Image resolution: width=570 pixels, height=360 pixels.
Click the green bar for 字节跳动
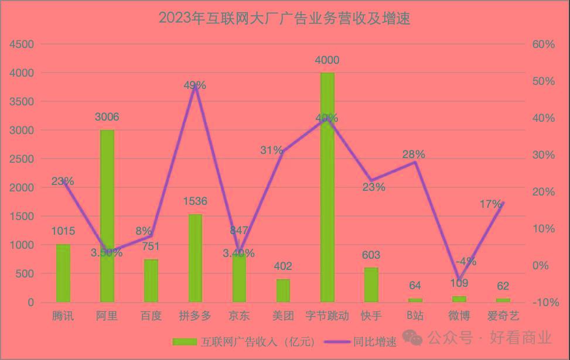(327, 187)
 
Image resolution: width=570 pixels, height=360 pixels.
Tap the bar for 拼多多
(195, 258)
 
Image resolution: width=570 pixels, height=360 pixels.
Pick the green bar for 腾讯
(63, 273)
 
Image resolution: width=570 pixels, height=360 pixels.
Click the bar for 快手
(371, 284)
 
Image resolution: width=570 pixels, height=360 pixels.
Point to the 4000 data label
(327, 60)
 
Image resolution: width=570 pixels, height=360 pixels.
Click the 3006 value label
(107, 117)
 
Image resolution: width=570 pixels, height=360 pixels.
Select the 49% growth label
(194, 85)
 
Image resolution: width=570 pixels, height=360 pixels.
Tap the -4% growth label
(466, 262)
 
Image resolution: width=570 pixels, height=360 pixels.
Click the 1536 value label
(195, 201)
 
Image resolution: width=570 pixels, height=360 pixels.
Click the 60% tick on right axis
(544, 44)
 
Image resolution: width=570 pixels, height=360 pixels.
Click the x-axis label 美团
(283, 316)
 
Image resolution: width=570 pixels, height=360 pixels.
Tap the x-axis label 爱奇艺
(503, 316)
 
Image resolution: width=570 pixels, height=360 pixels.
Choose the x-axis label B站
(415, 316)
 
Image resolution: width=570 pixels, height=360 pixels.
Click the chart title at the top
(285, 18)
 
